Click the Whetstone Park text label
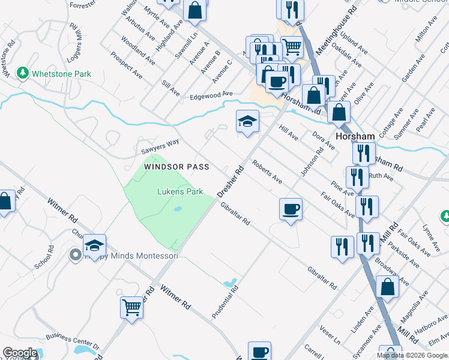62,74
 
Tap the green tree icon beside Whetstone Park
23,73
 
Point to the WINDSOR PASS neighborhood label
176,166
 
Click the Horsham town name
355,136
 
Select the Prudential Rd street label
225,301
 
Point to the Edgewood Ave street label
211,95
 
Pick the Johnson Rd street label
312,159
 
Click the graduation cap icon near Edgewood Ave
247,121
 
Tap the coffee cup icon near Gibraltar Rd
291,209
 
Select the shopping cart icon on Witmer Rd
131,307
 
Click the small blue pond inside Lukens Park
178,209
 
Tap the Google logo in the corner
20,353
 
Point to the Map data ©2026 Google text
412,355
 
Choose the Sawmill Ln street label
191,44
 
